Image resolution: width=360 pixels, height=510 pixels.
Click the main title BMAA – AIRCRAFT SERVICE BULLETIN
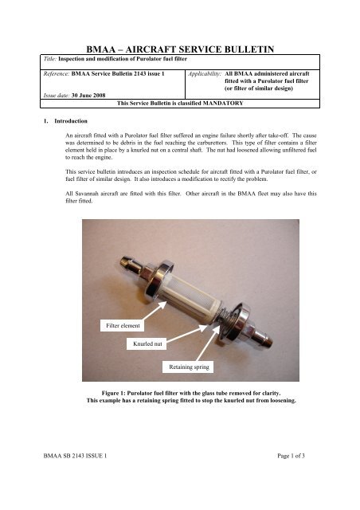pyautogui.click(x=180, y=49)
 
